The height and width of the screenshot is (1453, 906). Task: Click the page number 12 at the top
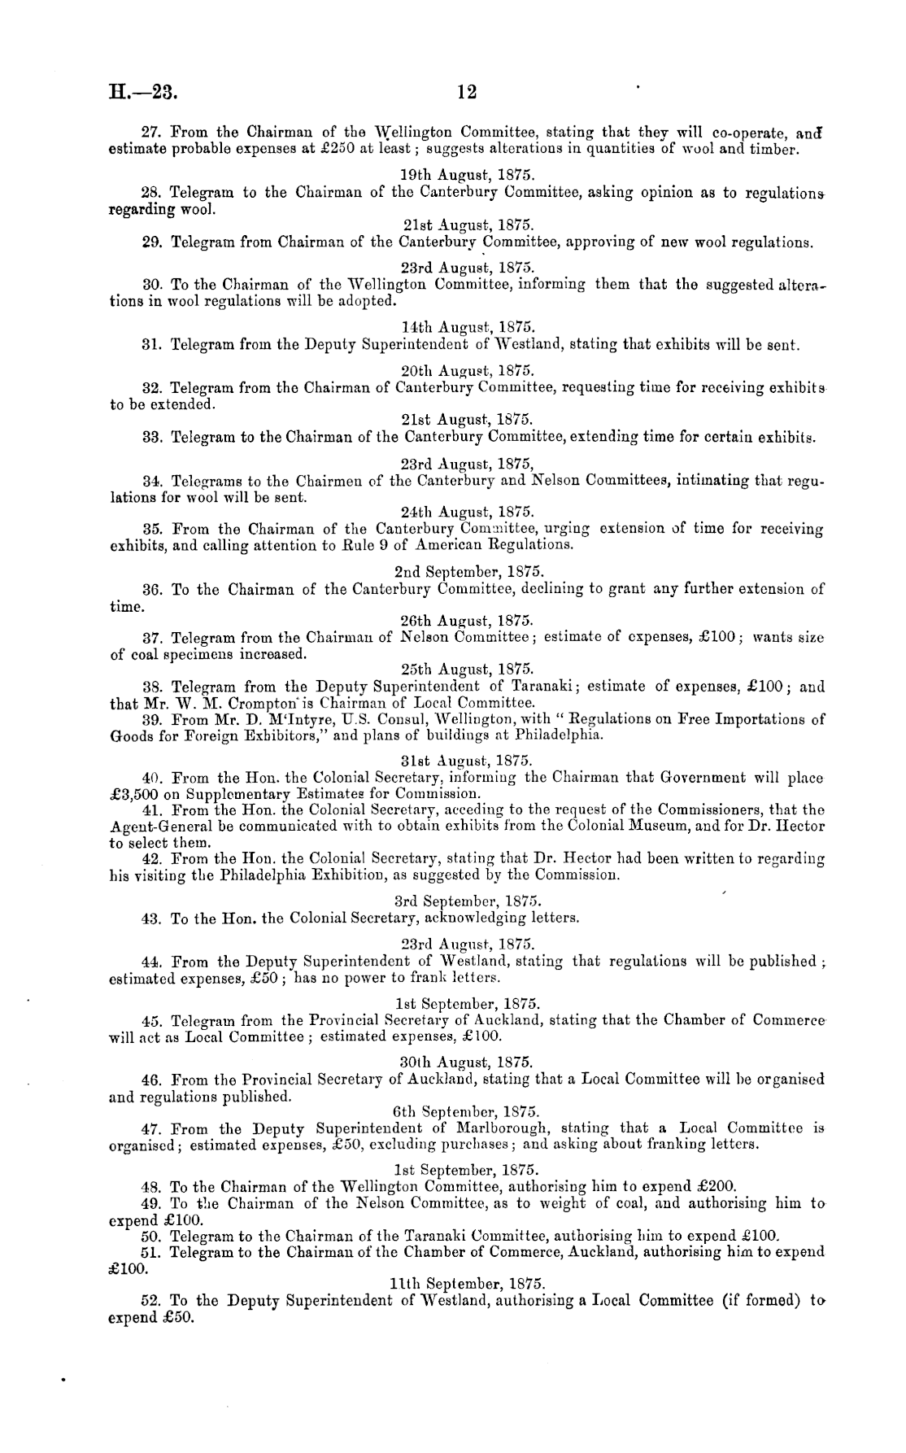466,93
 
